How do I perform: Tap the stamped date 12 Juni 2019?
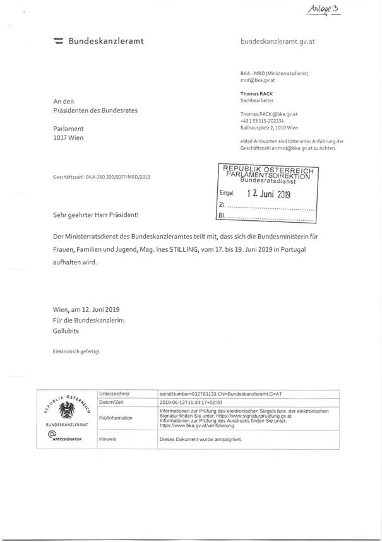tap(268, 194)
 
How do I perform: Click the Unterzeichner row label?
tap(116, 393)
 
